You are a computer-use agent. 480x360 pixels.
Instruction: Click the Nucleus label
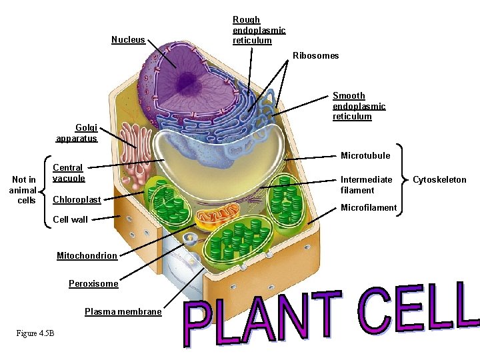128,40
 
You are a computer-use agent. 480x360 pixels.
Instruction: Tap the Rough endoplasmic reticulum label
259,30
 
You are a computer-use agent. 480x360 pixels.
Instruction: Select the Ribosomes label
315,56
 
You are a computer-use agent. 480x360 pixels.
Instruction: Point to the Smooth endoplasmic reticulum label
359,106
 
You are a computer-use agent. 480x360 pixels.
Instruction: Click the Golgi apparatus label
77,133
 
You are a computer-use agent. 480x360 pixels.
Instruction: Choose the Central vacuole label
68,173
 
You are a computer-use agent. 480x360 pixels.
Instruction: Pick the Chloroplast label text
77,200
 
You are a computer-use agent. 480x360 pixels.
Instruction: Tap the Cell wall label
70,220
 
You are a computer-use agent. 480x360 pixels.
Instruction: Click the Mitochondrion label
87,256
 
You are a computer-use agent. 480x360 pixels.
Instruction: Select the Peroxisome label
93,284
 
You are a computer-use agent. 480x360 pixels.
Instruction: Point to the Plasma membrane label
123,312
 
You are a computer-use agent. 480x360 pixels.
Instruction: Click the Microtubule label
365,156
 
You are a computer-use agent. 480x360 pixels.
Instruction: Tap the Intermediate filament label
366,185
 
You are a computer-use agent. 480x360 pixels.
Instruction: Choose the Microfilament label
369,208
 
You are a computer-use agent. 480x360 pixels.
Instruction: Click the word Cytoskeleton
439,180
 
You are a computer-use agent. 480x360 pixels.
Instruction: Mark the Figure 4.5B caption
37,333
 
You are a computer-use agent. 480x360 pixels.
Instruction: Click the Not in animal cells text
24,190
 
